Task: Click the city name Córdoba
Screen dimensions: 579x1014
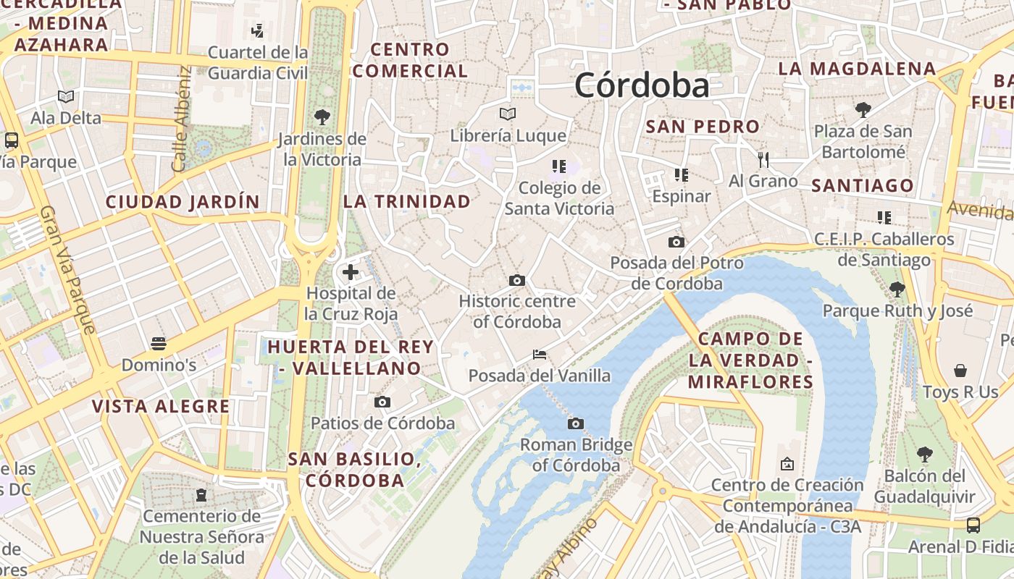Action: tap(642, 86)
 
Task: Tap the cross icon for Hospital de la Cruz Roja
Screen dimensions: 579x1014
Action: tap(351, 272)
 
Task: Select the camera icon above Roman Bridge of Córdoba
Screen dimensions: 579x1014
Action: tap(576, 423)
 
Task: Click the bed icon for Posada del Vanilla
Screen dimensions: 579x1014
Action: tap(540, 355)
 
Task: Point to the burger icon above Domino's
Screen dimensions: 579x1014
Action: tap(159, 343)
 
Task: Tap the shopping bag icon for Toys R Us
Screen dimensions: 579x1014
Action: tap(960, 371)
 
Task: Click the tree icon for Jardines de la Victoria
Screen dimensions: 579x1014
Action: tap(322, 117)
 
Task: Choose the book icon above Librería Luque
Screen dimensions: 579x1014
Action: tap(508, 114)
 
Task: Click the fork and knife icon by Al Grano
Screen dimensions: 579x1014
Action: tap(763, 159)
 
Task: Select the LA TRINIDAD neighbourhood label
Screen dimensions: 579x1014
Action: tap(407, 202)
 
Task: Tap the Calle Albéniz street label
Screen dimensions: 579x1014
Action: tap(182, 119)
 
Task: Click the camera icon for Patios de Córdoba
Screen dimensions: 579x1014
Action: tap(382, 402)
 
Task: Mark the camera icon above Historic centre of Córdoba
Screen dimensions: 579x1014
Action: tap(516, 280)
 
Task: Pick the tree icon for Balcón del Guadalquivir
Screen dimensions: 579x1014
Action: tap(924, 455)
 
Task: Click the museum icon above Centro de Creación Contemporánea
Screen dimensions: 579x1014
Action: tap(787, 464)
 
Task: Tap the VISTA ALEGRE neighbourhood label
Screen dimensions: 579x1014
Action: tap(161, 406)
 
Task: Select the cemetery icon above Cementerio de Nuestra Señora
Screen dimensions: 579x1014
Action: tap(201, 495)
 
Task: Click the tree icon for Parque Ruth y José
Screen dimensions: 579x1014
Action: tap(897, 289)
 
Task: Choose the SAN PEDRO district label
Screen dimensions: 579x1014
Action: tap(703, 127)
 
